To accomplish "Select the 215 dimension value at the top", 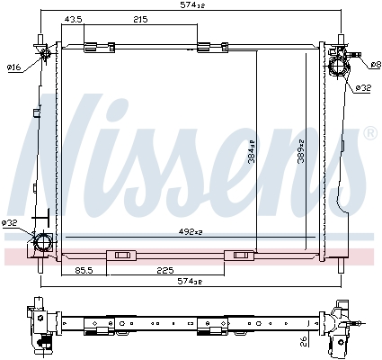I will pyautogui.click(x=141, y=20).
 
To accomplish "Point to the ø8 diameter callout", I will pyautogui.click(x=375, y=65).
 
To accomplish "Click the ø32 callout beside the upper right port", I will pyautogui.click(x=363, y=87).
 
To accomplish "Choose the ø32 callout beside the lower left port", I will pyautogui.click(x=10, y=223).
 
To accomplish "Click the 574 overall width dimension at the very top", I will pyautogui.click(x=191, y=6).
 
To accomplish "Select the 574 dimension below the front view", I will pyautogui.click(x=191, y=282).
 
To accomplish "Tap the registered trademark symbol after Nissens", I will pyautogui.click(x=369, y=132).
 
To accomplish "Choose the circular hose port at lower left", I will pyautogui.click(x=42, y=243).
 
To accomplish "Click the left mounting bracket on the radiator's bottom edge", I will pyautogui.click(x=119, y=255).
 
